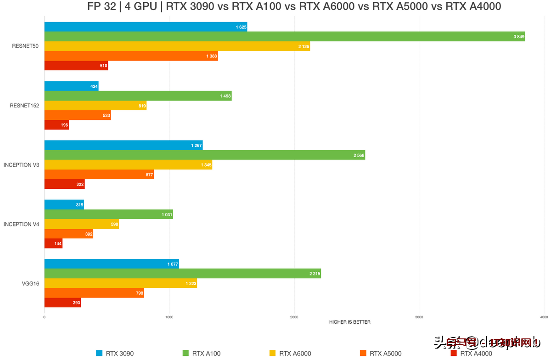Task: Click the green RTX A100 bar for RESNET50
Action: coord(285,37)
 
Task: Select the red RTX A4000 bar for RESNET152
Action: coord(56,125)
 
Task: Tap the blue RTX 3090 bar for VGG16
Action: coord(112,264)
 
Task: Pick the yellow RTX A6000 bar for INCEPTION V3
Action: coord(128,165)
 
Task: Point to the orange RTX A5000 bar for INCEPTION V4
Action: coord(69,234)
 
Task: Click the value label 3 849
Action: coord(519,37)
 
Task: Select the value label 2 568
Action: coord(359,155)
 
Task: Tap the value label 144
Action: coord(58,244)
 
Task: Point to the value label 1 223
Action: coord(191,284)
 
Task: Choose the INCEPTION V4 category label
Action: coord(21,225)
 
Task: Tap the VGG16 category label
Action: coord(31,284)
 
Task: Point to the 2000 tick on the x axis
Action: coord(294,317)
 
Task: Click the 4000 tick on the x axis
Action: coord(544,317)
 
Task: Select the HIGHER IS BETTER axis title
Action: coord(349,322)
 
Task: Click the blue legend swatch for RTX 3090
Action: coord(99,353)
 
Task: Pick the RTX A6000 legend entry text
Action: coord(295,353)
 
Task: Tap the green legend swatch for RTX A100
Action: coord(186,353)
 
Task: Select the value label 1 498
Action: coord(225,96)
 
